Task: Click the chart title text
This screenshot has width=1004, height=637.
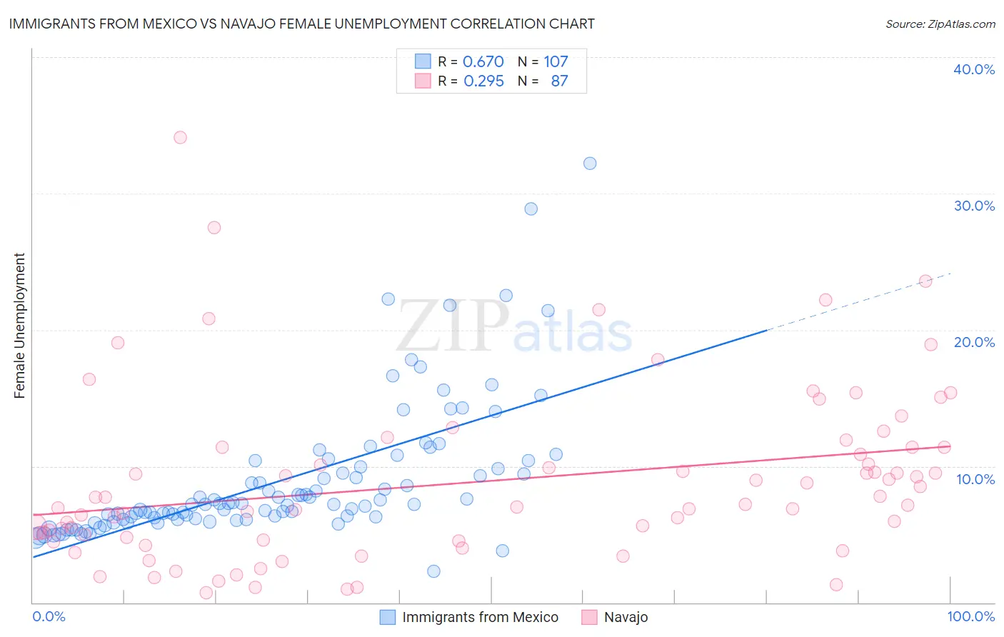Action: tap(301, 24)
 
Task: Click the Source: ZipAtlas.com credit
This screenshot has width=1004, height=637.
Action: tap(940, 24)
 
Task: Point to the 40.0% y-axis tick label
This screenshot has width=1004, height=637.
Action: tap(974, 69)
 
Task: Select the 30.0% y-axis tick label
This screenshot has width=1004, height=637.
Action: tap(974, 206)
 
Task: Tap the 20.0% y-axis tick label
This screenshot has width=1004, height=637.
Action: tap(974, 342)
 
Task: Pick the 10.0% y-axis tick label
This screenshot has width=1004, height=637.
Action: tap(975, 479)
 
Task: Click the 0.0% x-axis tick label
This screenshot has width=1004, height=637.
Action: tap(49, 616)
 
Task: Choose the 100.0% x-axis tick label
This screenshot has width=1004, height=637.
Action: tap(970, 616)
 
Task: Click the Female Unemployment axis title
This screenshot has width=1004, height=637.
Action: tap(19, 326)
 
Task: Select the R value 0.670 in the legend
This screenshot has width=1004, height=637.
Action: tap(483, 61)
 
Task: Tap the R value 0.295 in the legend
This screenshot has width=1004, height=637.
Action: tap(483, 81)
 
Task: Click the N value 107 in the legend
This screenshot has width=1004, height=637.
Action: tap(556, 61)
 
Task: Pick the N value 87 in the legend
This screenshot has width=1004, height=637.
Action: tap(559, 81)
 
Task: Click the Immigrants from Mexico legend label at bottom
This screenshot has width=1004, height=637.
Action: tap(480, 617)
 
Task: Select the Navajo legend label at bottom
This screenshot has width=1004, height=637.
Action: tap(626, 617)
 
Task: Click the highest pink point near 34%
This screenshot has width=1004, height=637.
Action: tap(180, 137)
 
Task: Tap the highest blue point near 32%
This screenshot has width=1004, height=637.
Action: tap(590, 164)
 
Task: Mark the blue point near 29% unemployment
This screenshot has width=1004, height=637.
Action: tap(531, 209)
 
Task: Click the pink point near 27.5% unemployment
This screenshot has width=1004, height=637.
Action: tap(214, 228)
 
